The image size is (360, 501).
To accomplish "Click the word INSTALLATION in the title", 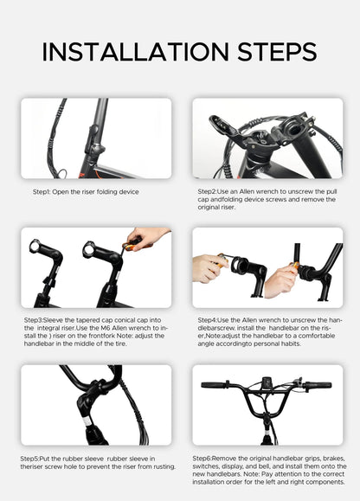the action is pyautogui.click(x=136, y=51).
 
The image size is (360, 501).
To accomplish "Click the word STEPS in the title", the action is pyautogui.click(x=277, y=51).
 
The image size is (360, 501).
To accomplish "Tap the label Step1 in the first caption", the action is pyautogui.click(x=42, y=192).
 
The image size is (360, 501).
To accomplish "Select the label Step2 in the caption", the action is pyautogui.click(x=207, y=192).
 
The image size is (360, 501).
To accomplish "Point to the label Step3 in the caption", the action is pyautogui.click(x=33, y=320).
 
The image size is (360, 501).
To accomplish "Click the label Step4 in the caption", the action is pyautogui.click(x=207, y=320).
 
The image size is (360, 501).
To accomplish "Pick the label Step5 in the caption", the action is pyautogui.click(x=29, y=459).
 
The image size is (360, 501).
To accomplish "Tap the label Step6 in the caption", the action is pyautogui.click(x=202, y=459).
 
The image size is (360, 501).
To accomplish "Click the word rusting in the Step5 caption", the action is pyautogui.click(x=164, y=466).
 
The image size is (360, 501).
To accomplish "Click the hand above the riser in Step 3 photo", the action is pyautogui.click(x=146, y=237).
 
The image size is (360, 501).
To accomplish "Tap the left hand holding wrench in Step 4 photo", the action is pyautogui.click(x=208, y=267).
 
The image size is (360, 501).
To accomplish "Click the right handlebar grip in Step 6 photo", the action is pyautogui.click(x=318, y=385).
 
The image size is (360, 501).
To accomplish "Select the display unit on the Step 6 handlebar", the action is pyautogui.click(x=267, y=383).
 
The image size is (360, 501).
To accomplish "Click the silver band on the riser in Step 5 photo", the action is pyautogui.click(x=87, y=421).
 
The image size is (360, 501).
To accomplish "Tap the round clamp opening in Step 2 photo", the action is pyautogui.click(x=294, y=131).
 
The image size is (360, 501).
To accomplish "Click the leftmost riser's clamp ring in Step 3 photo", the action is pyautogui.click(x=35, y=246).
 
